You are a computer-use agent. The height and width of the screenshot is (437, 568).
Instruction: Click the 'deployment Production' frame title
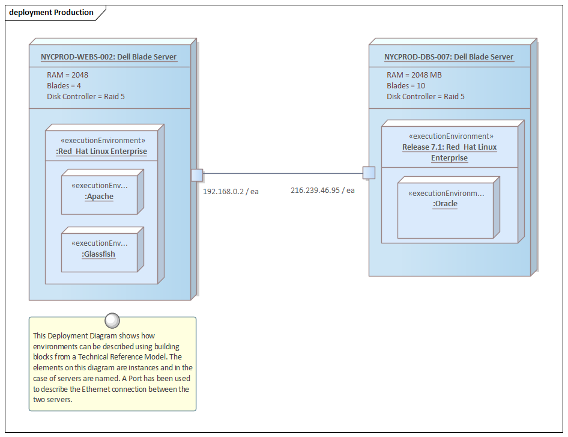click(51, 12)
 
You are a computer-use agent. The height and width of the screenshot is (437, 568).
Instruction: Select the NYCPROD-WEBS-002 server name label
click(109, 57)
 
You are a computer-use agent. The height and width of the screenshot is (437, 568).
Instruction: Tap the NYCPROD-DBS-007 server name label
click(449, 57)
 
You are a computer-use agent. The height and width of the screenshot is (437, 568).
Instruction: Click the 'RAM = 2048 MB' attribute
click(414, 75)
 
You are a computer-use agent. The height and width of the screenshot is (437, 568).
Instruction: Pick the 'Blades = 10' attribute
click(406, 86)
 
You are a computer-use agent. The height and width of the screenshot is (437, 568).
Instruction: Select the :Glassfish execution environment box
click(100, 250)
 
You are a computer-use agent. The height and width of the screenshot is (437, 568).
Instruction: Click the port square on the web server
click(197, 175)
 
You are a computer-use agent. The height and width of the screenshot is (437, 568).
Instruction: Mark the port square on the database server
click(369, 173)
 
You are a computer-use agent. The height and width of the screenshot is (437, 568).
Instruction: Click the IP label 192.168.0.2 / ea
click(231, 191)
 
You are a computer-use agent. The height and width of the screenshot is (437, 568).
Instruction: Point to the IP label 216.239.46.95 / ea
click(322, 190)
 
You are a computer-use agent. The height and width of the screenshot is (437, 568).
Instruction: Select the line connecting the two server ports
click(282, 174)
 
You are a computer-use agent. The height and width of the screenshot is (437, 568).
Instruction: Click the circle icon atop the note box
click(112, 320)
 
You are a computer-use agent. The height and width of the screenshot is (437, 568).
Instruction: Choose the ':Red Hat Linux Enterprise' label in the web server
click(101, 151)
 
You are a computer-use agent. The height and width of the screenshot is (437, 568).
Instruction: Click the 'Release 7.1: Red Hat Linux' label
click(449, 147)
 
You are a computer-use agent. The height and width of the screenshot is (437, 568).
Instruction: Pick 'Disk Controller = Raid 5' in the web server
click(86, 97)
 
